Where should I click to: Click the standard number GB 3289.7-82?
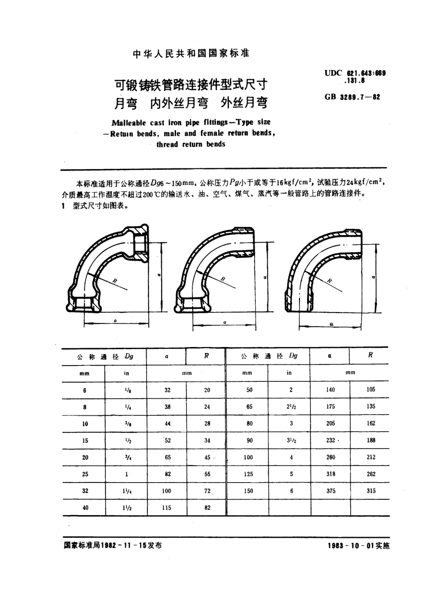(352, 97)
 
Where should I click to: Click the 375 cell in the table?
(331, 491)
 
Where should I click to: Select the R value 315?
(371, 491)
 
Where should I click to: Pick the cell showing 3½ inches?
(291, 440)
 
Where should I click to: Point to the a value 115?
(167, 508)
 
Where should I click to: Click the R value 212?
(371, 457)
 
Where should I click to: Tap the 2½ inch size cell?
(291, 407)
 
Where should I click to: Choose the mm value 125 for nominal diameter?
(248, 474)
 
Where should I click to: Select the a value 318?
(331, 474)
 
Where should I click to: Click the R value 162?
(371, 423)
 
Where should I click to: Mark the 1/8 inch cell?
(126, 390)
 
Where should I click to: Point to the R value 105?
(371, 390)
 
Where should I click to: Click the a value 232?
(330, 440)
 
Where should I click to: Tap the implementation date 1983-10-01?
(358, 546)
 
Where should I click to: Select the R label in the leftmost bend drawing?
(114, 281)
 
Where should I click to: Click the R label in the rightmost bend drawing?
(330, 281)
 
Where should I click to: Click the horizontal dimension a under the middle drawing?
(225, 322)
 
